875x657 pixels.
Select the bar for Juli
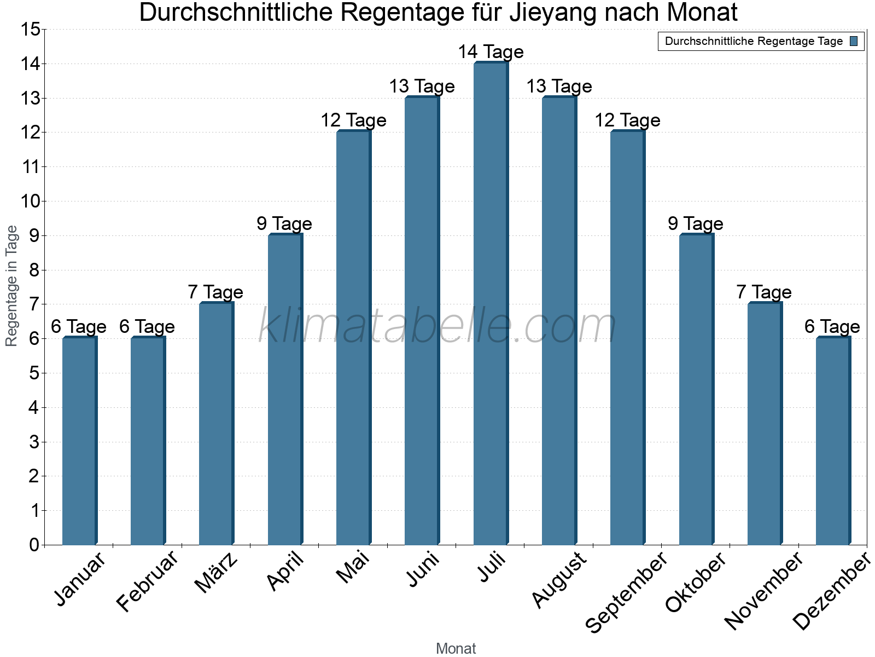(x=490, y=304)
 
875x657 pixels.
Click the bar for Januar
(x=79, y=441)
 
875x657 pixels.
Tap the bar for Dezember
(x=832, y=441)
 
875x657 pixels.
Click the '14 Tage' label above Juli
(x=491, y=52)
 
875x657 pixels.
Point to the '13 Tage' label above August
(x=559, y=87)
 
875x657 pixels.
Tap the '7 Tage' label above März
(x=215, y=292)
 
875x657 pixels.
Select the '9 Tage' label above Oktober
(x=696, y=224)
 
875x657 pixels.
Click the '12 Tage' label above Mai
(x=353, y=120)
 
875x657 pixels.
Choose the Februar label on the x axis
(x=148, y=581)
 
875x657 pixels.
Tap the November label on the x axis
(x=765, y=590)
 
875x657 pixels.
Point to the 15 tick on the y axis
(x=30, y=29)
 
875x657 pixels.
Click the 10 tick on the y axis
(x=30, y=201)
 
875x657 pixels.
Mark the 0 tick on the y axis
(x=34, y=545)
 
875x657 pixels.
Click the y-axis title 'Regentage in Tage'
(x=12, y=286)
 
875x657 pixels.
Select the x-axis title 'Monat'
(x=456, y=649)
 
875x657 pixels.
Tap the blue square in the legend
(x=854, y=41)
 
